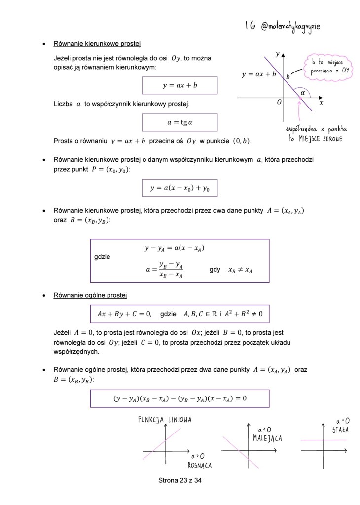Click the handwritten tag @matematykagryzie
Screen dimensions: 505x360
point(290,26)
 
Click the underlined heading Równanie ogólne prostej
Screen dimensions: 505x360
point(90,295)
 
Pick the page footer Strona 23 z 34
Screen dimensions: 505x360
point(180,480)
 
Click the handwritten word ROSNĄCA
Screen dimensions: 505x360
point(200,465)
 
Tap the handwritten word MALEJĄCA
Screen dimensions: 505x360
point(267,438)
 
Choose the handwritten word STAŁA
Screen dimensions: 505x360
point(340,429)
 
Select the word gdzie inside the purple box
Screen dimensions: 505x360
point(102,257)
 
